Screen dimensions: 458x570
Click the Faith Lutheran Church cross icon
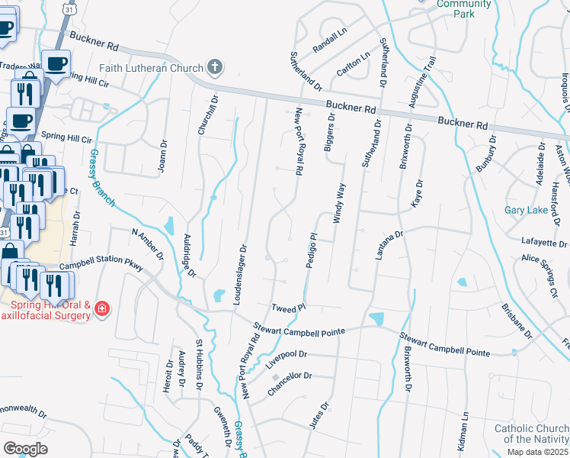[215, 66]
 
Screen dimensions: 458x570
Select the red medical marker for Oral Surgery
[102, 309]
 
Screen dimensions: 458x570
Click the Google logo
[25, 448]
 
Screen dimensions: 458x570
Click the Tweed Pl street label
[288, 307]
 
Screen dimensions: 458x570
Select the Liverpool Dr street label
[286, 359]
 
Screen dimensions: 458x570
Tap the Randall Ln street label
[329, 47]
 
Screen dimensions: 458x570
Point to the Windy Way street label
[339, 202]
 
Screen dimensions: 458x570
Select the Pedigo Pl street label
[311, 251]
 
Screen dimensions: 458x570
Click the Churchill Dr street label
[203, 115]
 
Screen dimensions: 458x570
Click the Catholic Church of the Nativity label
[531, 434]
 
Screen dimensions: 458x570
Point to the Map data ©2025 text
[539, 452]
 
